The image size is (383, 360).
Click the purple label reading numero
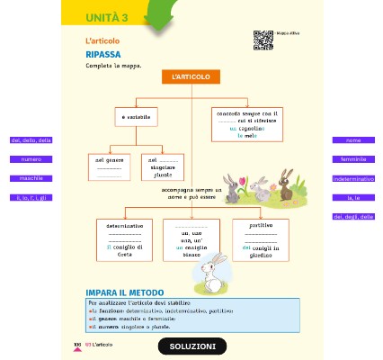tap(31, 159)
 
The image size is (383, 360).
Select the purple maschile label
tap(31, 178)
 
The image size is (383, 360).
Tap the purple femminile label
tap(353, 159)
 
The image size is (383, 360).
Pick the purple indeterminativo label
tap(353, 178)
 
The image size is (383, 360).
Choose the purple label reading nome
tap(353, 140)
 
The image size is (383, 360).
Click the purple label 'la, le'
tap(353, 197)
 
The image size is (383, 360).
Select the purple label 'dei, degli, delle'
tap(353, 216)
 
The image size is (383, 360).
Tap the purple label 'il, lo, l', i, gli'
tap(31, 197)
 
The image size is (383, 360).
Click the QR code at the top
tap(263, 39)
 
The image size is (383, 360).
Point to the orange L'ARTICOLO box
tap(191, 77)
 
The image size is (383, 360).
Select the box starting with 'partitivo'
tap(260, 239)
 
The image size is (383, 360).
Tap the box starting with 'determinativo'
tap(123, 239)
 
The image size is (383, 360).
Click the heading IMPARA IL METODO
tap(125, 292)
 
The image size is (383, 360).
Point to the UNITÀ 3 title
tap(107, 18)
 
